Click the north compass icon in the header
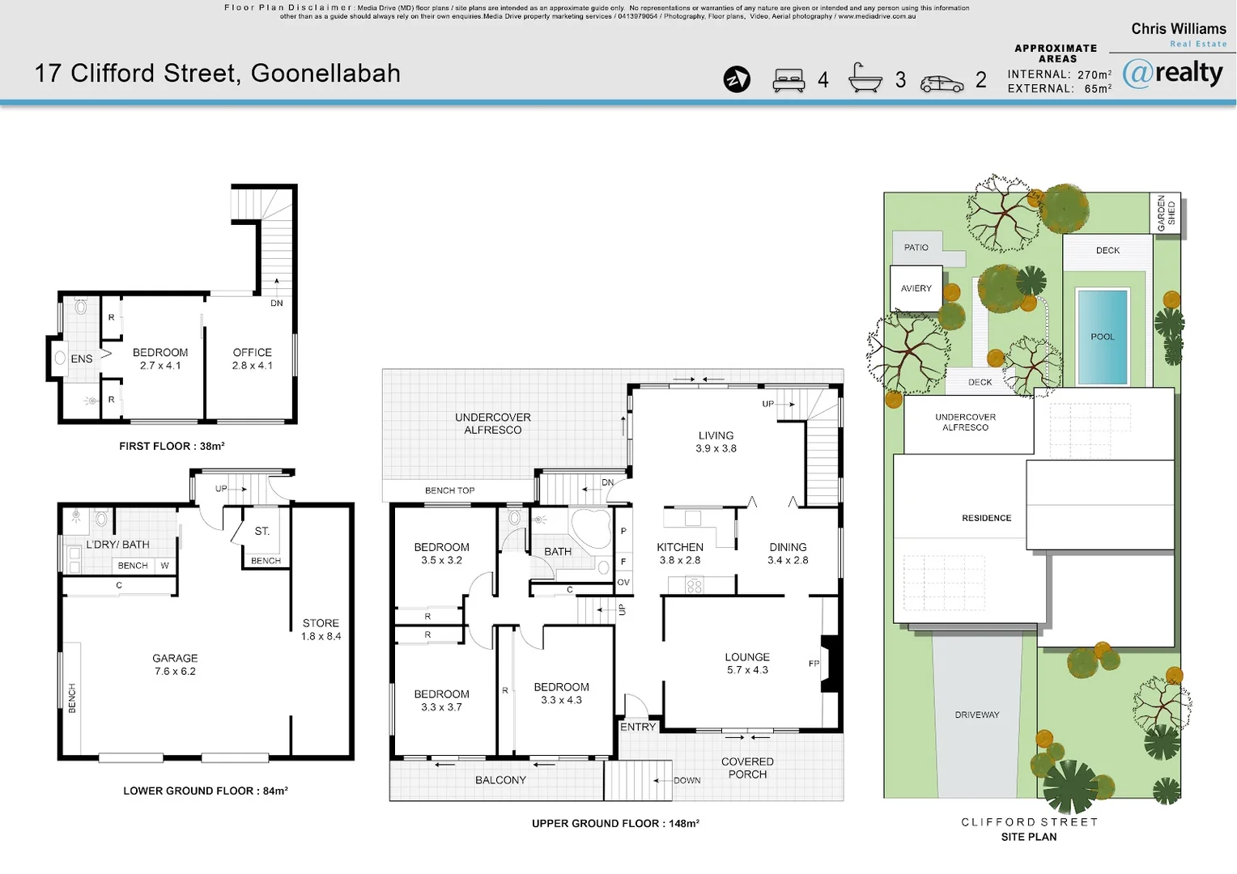(x=737, y=79)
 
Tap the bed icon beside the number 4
(x=789, y=80)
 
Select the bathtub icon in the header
(x=865, y=78)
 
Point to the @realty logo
(x=1173, y=74)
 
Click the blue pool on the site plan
(x=1102, y=337)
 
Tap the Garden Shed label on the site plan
(x=1166, y=214)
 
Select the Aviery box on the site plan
(x=916, y=288)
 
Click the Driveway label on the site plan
(x=977, y=715)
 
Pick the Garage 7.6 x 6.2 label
(x=175, y=664)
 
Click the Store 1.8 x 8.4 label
(x=321, y=630)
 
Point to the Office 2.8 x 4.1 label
(x=253, y=359)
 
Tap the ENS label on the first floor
(x=81, y=359)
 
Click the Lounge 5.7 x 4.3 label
(x=747, y=664)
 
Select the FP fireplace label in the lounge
(x=814, y=664)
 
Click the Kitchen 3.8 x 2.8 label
(x=680, y=554)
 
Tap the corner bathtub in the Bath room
(x=591, y=528)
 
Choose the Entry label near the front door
(x=638, y=727)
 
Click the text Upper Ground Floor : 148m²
(x=615, y=823)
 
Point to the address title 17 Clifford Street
(x=217, y=74)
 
